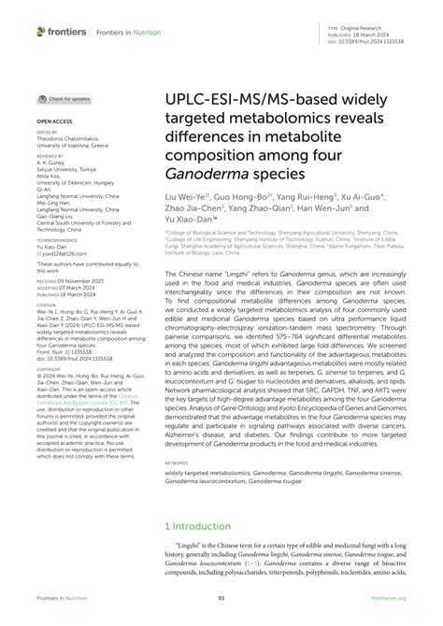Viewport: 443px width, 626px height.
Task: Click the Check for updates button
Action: coord(64,98)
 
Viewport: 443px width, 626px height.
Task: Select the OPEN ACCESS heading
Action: coord(53,121)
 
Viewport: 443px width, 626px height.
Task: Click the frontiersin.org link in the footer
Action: coord(388,599)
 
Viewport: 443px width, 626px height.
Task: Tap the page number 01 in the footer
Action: coord(221,599)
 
